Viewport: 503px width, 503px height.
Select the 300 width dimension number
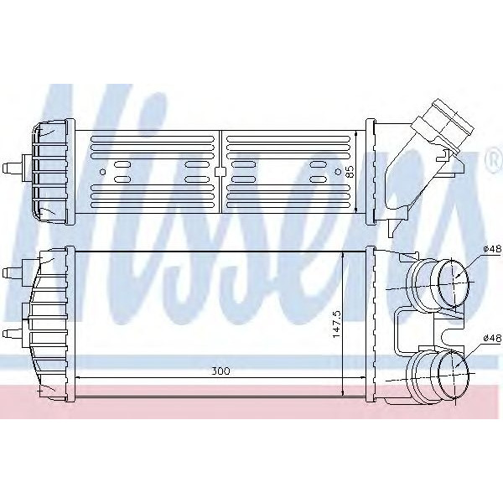click(220, 369)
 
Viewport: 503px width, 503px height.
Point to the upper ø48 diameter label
click(492, 249)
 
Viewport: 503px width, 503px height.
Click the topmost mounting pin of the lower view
click(12, 271)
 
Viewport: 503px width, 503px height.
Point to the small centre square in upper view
click(220, 172)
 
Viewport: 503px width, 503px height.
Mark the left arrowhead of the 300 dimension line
click(80, 377)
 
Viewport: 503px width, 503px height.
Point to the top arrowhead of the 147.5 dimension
click(345, 254)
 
